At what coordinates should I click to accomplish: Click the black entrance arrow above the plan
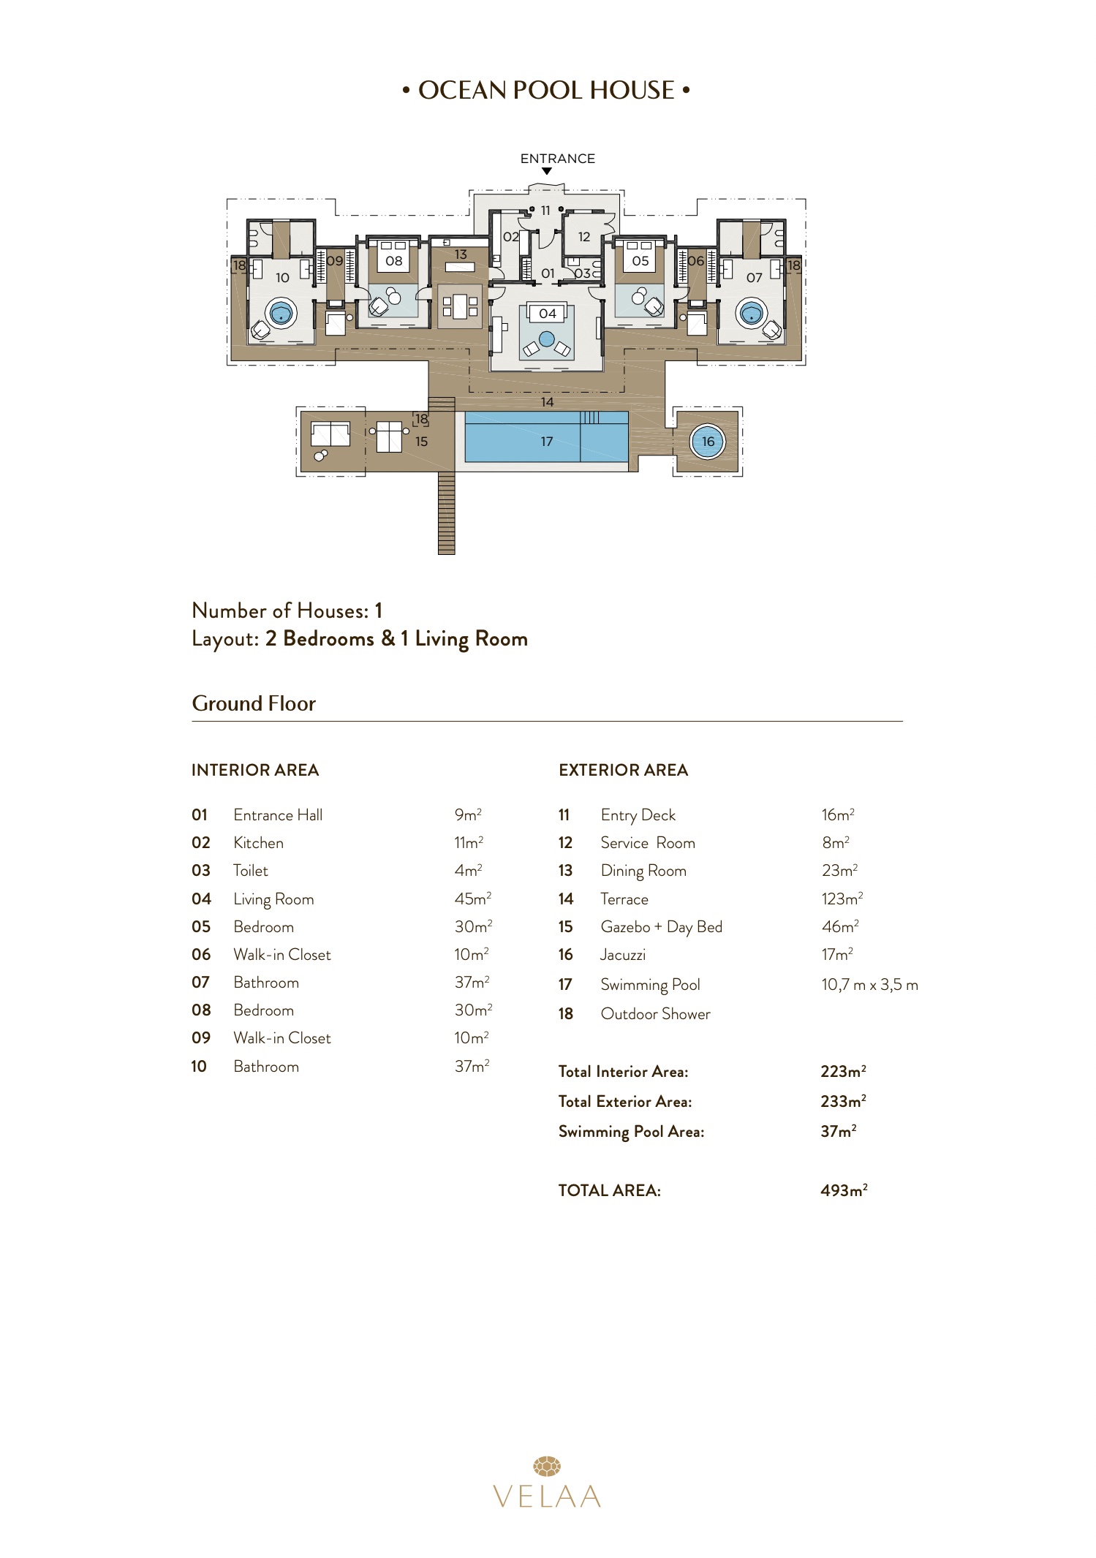coord(546,172)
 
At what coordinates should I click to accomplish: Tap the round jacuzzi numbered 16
coord(708,442)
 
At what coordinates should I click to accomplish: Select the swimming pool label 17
coord(547,442)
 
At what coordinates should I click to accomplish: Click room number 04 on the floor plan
coord(548,314)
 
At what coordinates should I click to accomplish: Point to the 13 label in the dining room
coord(461,254)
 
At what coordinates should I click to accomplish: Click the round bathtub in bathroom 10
coord(281,314)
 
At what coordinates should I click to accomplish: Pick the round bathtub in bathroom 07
coord(752,314)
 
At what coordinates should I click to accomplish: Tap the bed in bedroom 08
coord(393,261)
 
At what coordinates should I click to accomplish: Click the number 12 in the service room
coord(584,237)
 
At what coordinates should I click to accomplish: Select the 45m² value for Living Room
coord(473,899)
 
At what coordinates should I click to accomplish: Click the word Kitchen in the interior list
coord(258,843)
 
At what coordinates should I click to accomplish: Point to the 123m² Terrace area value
coord(842,899)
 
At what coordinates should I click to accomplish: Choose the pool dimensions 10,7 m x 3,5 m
coord(869,985)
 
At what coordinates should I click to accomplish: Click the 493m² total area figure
coord(844,1190)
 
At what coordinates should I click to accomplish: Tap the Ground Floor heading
coord(254,703)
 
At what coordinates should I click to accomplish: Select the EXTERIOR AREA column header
coord(623,770)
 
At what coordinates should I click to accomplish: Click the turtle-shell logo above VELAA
coord(547,1466)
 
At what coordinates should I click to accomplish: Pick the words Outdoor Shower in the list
coord(655,1014)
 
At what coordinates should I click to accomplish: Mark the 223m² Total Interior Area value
coord(843,1072)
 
